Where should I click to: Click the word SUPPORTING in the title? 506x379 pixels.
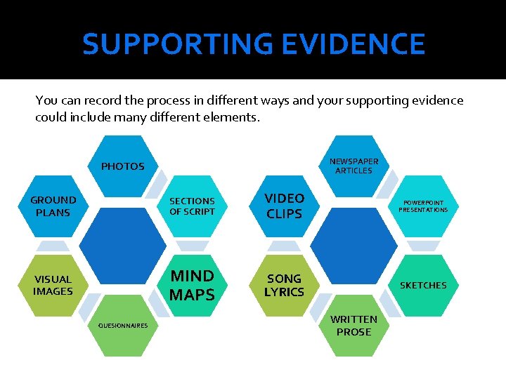[177, 44]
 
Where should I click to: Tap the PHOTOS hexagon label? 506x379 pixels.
[122, 166]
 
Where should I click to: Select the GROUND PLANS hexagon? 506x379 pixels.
[53, 206]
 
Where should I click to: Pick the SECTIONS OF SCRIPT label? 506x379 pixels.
[192, 206]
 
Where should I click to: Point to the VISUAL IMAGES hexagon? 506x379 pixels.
[53, 285]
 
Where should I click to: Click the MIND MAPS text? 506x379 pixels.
[192, 285]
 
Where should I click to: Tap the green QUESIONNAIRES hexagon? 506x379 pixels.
[122, 325]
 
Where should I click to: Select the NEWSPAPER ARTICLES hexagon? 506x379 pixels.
[353, 166]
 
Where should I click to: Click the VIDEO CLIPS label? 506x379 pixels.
[284, 206]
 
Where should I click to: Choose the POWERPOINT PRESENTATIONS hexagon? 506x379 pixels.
[423, 206]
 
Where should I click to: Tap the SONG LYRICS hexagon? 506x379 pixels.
[284, 285]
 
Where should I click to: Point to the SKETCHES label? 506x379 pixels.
[423, 285]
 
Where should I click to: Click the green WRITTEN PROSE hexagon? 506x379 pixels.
[353, 325]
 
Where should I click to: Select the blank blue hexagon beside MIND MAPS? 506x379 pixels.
[122, 246]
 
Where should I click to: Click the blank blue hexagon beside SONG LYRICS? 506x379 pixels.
[353, 246]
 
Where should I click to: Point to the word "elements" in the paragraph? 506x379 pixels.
[233, 117]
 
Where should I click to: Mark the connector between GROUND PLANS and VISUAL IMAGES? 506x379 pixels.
[53, 246]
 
